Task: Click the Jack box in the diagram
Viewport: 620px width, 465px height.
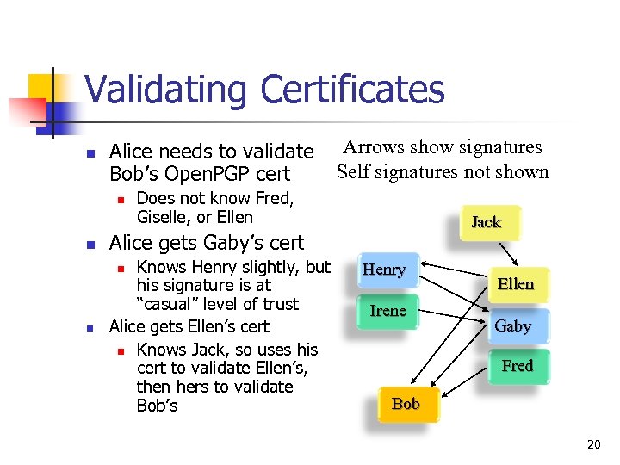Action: coord(486,222)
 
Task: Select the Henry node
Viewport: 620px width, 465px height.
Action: coord(384,270)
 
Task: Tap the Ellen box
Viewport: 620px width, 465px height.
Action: coord(516,284)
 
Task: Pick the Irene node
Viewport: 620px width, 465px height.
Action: coord(387,311)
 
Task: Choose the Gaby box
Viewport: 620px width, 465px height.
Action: coord(512,326)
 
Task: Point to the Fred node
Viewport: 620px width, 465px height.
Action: coord(517,366)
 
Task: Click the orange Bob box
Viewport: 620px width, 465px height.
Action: coord(406,404)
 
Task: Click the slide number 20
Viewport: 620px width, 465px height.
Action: coord(593,444)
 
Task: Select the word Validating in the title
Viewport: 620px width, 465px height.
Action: coord(167,89)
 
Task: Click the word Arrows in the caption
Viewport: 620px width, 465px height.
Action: coord(374,147)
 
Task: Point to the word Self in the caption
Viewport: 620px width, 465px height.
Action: coord(353,171)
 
